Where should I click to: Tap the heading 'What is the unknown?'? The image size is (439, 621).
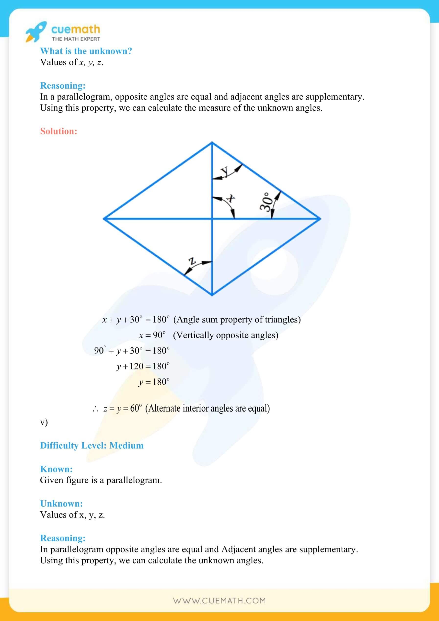[86, 51]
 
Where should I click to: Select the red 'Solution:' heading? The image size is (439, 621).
[59, 131]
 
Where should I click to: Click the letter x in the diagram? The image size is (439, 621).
[231, 198]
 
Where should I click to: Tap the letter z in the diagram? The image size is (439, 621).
[192, 261]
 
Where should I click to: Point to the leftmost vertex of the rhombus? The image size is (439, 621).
[104, 218]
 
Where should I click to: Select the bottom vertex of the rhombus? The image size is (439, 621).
[212, 295]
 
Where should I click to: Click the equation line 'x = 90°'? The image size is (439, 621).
[152, 335]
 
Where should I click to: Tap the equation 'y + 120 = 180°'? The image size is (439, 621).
[143, 367]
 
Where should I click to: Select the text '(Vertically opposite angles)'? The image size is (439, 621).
[226, 335]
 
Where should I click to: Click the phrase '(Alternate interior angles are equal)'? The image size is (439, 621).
[208, 408]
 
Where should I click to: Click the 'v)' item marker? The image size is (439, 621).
[44, 422]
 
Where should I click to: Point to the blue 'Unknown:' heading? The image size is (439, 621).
[61, 504]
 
